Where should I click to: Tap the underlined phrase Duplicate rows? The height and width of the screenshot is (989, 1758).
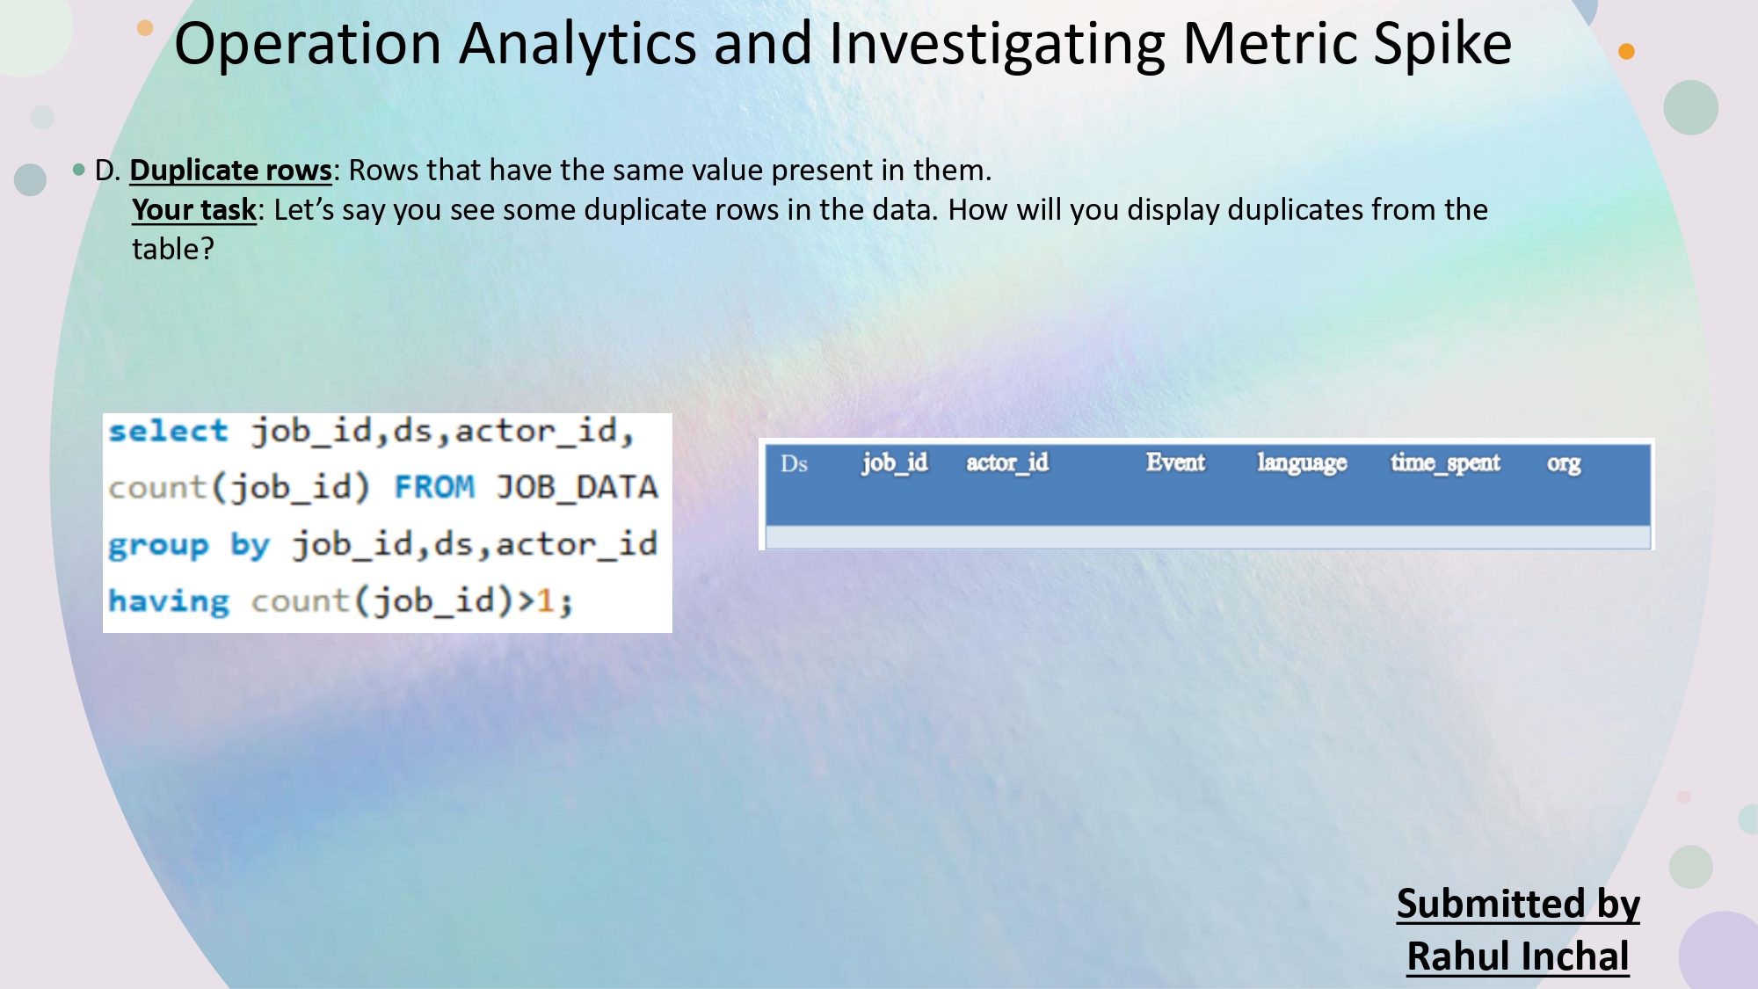click(230, 170)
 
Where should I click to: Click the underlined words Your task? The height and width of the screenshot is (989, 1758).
click(193, 209)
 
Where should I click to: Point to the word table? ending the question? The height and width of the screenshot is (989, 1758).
click(173, 249)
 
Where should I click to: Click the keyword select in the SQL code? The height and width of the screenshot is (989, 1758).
click(168, 431)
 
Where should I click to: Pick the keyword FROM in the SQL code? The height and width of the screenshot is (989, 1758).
click(434, 487)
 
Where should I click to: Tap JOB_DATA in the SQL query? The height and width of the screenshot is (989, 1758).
click(577, 487)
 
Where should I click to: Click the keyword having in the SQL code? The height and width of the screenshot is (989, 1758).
click(168, 601)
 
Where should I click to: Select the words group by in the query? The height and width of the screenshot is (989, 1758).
click(188, 545)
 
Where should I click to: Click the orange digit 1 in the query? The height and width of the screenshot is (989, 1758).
click(545, 601)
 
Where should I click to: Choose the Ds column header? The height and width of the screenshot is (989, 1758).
click(794, 463)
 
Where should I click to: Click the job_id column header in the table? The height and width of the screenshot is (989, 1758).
click(894, 462)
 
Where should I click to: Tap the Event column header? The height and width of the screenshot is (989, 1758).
click(1175, 462)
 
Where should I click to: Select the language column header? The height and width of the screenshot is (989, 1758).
click(1302, 463)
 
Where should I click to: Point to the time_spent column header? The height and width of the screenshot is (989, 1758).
click(1445, 463)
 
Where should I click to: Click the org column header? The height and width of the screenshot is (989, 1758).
click(1564, 463)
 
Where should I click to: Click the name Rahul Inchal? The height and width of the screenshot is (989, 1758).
click(1518, 956)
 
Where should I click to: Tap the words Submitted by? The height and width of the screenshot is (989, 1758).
click(1518, 904)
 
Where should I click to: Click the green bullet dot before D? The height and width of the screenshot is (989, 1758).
click(79, 169)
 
